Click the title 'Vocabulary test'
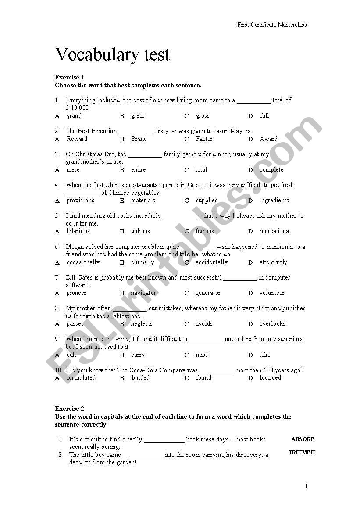pyautogui.click(x=112, y=55)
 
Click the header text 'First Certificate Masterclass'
pyautogui.click(x=272, y=25)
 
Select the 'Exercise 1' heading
pyautogui.click(x=70, y=78)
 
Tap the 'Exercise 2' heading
pyautogui.click(x=70, y=409)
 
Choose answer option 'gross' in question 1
pyautogui.click(x=203, y=116)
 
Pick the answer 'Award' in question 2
pyautogui.click(x=268, y=139)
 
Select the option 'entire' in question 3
pyautogui.click(x=138, y=170)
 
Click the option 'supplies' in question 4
pyautogui.click(x=207, y=201)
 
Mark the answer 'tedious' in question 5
pyautogui.click(x=140, y=231)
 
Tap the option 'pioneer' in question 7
pyautogui.click(x=76, y=293)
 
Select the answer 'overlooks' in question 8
pyautogui.click(x=272, y=324)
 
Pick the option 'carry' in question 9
pyautogui.click(x=138, y=355)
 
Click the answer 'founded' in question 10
pyautogui.click(x=270, y=377)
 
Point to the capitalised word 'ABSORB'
pyautogui.click(x=303, y=439)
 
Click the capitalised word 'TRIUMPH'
pyautogui.click(x=302, y=452)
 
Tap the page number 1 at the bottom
pyautogui.click(x=306, y=486)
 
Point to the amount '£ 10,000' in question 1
pyautogui.click(x=78, y=108)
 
